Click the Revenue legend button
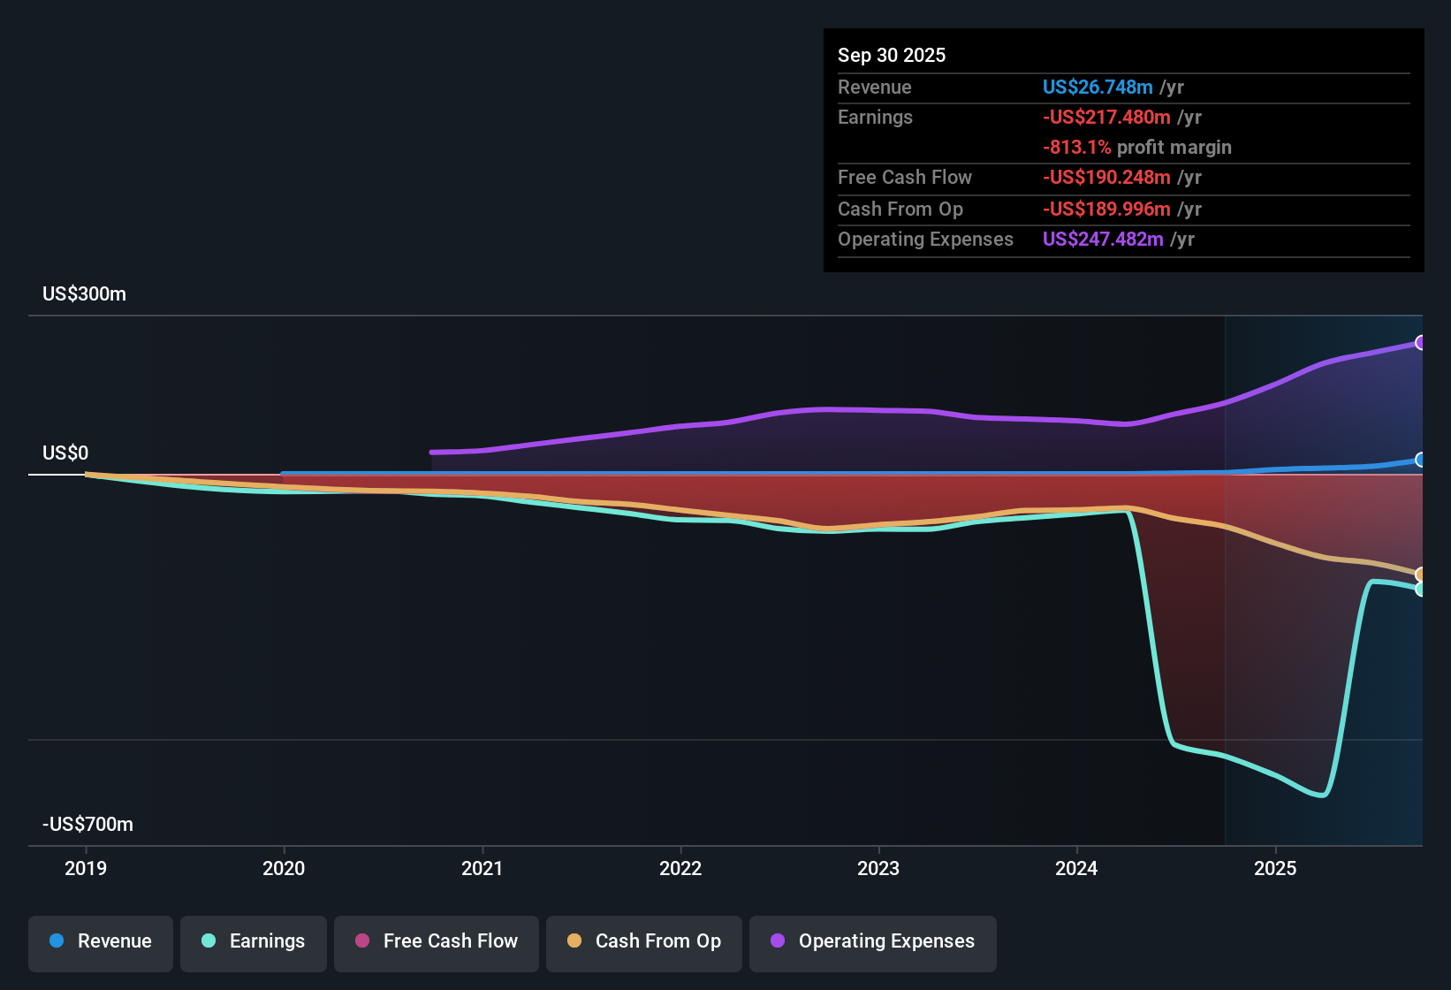tap(101, 942)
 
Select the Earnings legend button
tap(254, 942)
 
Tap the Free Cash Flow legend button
tap(437, 942)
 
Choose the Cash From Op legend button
tap(644, 942)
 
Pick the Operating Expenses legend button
tap(873, 942)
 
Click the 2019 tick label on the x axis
tap(86, 869)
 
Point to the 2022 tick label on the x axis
tap(680, 869)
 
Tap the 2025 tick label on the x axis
tap(1275, 869)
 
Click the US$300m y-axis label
tap(84, 294)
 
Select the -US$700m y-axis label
tap(87, 825)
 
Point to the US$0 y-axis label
tap(65, 453)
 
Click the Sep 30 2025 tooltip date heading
tap(891, 56)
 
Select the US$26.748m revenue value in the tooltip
tap(1098, 88)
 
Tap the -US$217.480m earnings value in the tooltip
tap(1106, 118)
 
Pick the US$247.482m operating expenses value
tap(1103, 240)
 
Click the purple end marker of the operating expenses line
tap(1420, 343)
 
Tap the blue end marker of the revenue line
tap(1420, 460)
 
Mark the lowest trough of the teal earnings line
tap(1321, 795)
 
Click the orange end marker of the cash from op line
tap(1420, 575)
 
